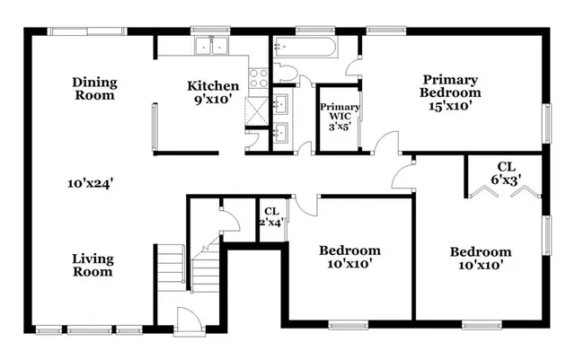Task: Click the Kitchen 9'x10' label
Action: click(x=213, y=92)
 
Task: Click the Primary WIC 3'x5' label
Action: click(x=341, y=117)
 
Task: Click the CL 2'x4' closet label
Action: click(x=271, y=216)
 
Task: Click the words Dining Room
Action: click(x=94, y=88)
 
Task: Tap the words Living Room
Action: click(x=93, y=265)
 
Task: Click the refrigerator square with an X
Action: click(x=257, y=110)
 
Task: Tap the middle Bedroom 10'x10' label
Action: click(x=349, y=257)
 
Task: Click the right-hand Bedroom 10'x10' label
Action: click(x=481, y=258)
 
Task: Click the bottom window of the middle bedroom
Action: click(x=350, y=323)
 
